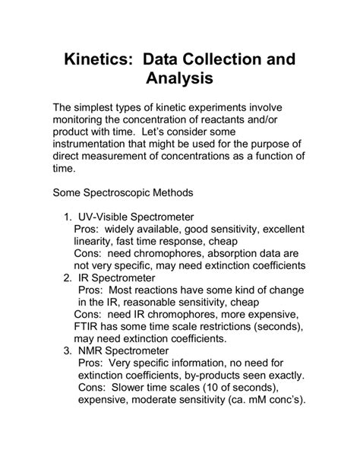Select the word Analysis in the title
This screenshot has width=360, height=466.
coord(179,79)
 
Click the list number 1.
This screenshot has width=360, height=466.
coord(67,217)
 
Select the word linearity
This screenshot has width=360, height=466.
coord(99,242)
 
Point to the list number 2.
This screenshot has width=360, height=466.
coord(67,279)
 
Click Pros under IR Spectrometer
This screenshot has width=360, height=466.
coord(90,291)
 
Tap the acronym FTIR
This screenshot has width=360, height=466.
coord(90,327)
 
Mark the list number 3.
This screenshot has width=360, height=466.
coord(67,352)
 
